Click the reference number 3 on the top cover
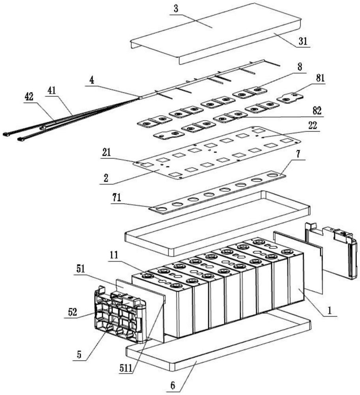pos(176,9)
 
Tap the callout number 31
pos(303,41)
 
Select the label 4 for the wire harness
pos(92,80)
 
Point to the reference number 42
pos(29,96)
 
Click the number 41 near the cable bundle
pos(52,90)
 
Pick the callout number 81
pos(320,78)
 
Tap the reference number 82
pos(317,110)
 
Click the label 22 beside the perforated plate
pos(313,125)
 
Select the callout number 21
pos(107,152)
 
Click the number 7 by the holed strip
pos(298,154)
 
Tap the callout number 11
pos(114,255)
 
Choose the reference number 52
pos(72,312)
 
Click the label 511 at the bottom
pos(126,369)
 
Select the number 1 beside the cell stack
pos(329,311)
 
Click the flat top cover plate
pos(216,33)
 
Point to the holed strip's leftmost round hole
pos(161,209)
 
